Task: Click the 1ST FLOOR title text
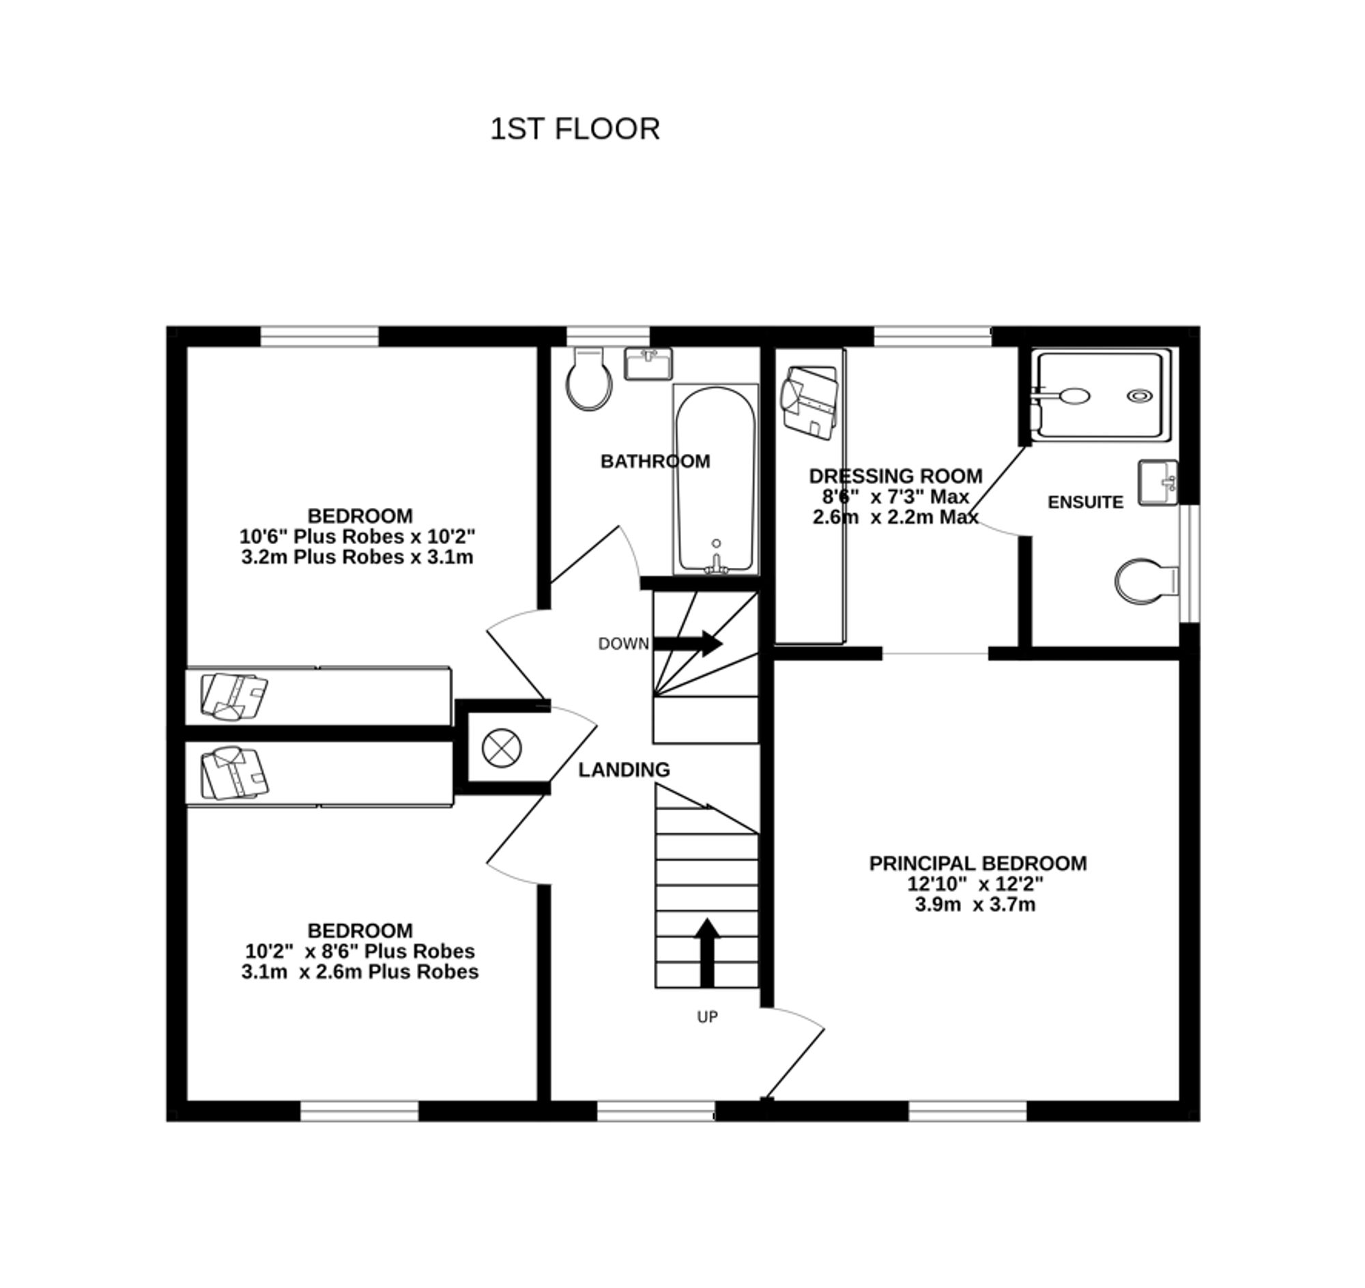pyautogui.click(x=575, y=129)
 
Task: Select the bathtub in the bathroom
pyautogui.click(x=715, y=479)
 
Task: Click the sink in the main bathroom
pyautogui.click(x=648, y=364)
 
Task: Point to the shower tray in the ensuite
pyautogui.click(x=1103, y=395)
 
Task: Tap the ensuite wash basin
pyautogui.click(x=1158, y=483)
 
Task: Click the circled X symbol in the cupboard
pyautogui.click(x=502, y=747)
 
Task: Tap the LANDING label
pyautogui.click(x=623, y=771)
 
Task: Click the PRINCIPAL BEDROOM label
pyautogui.click(x=978, y=863)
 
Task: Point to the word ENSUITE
pyautogui.click(x=1086, y=502)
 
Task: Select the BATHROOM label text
pyautogui.click(x=655, y=461)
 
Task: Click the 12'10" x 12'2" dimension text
pyautogui.click(x=975, y=884)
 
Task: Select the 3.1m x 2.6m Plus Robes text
pyautogui.click(x=360, y=971)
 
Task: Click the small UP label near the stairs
pyautogui.click(x=707, y=1017)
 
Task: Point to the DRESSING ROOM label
pyautogui.click(x=895, y=476)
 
